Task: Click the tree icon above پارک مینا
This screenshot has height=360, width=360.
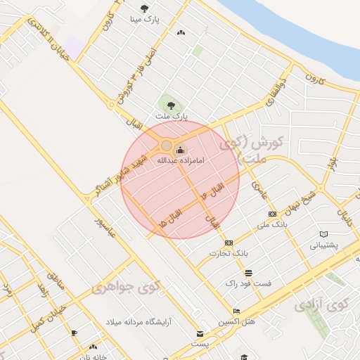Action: (x=144, y=9)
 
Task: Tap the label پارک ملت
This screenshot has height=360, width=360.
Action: (x=172, y=115)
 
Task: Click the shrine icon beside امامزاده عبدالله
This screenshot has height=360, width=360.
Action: (x=180, y=149)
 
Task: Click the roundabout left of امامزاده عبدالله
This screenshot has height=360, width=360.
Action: (x=166, y=146)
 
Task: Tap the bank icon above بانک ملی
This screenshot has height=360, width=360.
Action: (x=273, y=214)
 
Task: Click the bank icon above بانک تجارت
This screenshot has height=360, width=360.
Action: (x=229, y=243)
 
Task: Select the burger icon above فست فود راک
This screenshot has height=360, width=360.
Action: (x=247, y=273)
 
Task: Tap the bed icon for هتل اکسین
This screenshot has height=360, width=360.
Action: (x=236, y=311)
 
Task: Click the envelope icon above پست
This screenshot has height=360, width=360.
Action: (x=200, y=334)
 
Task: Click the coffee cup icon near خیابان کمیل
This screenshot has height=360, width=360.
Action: (x=75, y=332)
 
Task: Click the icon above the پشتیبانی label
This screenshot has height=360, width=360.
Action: (x=323, y=234)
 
